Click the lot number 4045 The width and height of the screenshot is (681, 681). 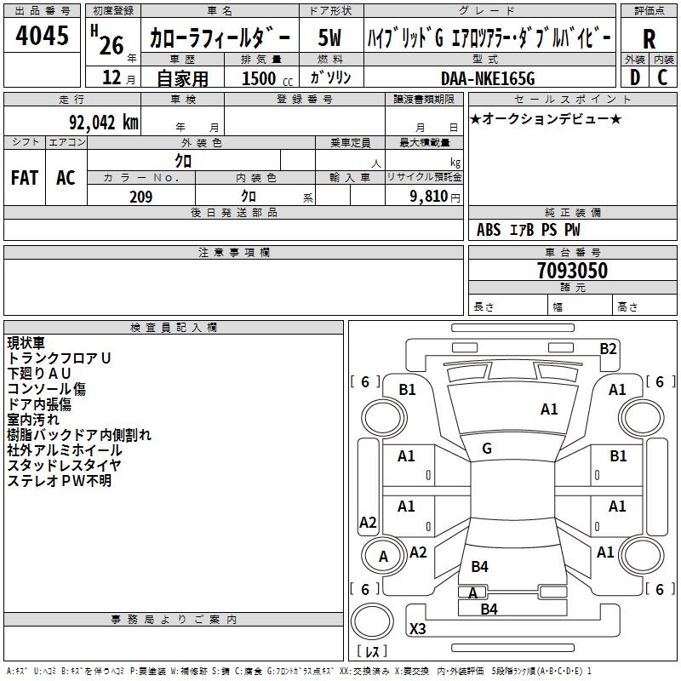[42, 35]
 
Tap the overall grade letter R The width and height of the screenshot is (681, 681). [649, 39]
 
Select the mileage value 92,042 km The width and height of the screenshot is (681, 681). [104, 123]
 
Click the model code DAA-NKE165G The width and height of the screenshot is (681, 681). [488, 78]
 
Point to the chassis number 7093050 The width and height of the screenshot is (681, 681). [572, 271]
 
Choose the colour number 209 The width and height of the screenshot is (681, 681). [140, 197]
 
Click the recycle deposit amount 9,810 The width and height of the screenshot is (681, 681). [429, 197]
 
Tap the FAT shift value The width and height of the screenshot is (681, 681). [25, 178]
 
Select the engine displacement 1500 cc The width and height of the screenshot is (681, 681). [267, 79]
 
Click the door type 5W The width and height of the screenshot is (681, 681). [329, 37]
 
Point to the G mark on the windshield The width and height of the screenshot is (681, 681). [487, 449]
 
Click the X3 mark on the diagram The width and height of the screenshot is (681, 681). [417, 628]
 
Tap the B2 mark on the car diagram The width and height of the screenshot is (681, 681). [608, 349]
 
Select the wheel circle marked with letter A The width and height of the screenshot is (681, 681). [383, 556]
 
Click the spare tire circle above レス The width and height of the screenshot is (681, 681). [372, 621]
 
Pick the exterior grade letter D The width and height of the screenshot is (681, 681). [635, 77]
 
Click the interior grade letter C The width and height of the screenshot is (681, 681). [662, 77]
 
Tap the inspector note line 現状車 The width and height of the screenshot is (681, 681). [26, 343]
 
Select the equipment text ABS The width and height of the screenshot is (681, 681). [489, 230]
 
